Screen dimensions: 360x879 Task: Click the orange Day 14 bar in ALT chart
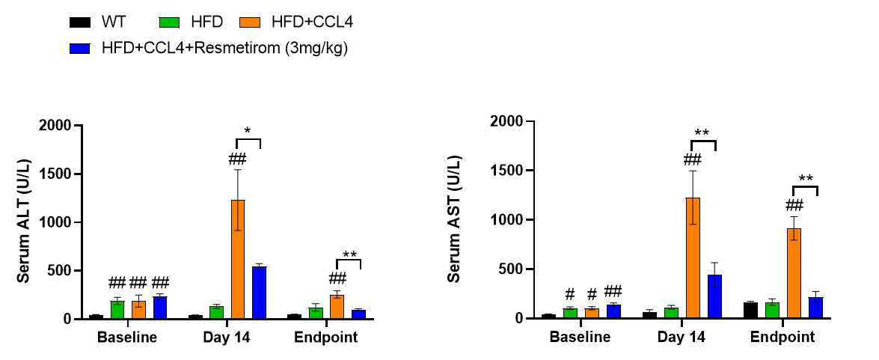238,259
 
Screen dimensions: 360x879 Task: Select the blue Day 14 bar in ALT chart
259,293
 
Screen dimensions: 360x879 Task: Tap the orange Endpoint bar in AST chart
794,273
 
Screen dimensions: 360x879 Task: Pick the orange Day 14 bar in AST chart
693,257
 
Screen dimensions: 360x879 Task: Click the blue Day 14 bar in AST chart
714,296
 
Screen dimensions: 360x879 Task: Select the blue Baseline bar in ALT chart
159,308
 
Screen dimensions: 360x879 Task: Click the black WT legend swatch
79,22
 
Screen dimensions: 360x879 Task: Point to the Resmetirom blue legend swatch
79,49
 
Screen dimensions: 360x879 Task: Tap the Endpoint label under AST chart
783,338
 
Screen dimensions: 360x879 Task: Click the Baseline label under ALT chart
127,338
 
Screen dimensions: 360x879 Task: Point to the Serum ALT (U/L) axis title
24,222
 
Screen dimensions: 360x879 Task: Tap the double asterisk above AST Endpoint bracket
806,179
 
